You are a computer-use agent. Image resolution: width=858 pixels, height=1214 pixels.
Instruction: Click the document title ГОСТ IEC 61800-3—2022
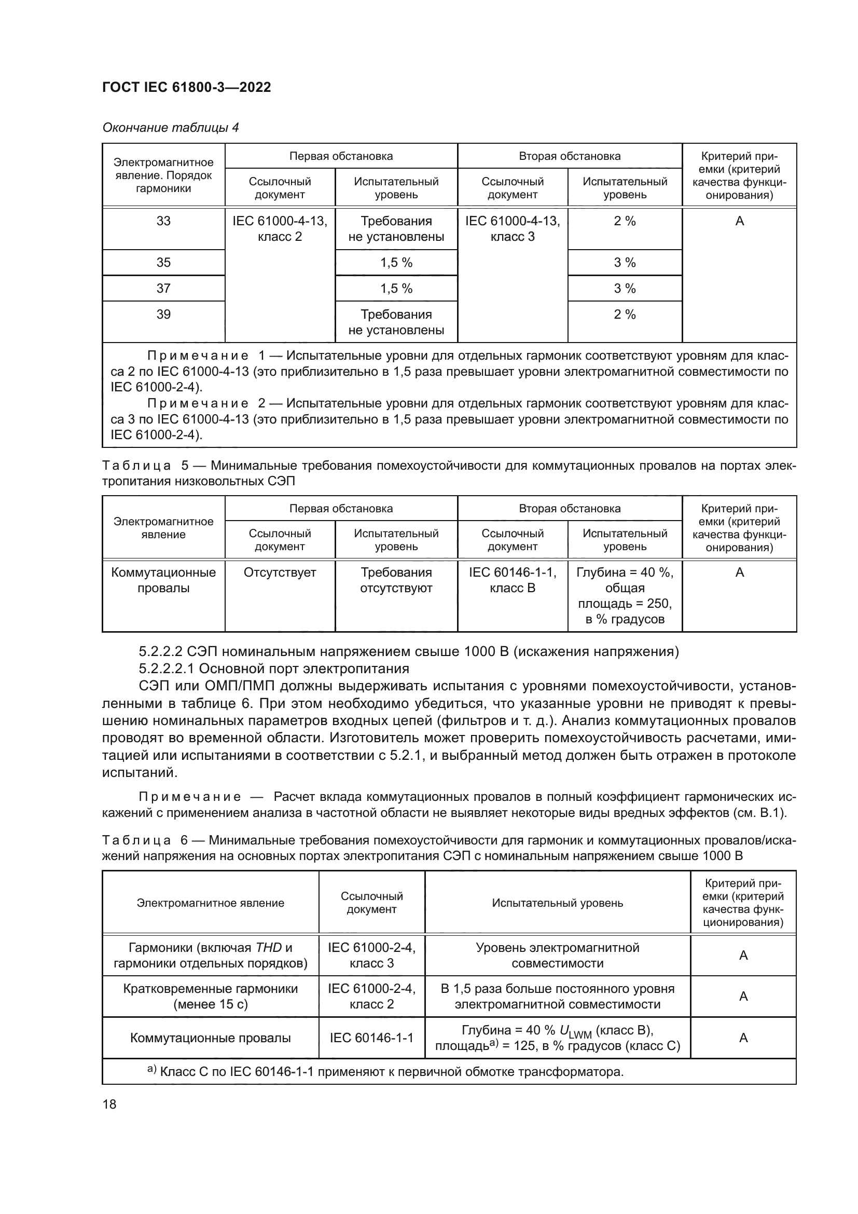[x=187, y=88]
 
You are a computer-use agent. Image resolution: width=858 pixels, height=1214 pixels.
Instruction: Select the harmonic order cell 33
[x=163, y=221]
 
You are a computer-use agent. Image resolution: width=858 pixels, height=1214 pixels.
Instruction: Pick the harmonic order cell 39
[x=163, y=315]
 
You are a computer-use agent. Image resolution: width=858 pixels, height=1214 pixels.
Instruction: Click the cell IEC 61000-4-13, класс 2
[x=280, y=228]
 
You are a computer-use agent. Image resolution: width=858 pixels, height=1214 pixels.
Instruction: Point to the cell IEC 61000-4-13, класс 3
[x=512, y=228]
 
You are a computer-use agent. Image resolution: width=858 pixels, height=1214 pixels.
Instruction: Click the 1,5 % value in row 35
[x=396, y=263]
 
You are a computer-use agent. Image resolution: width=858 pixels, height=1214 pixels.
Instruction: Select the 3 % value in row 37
[x=625, y=289]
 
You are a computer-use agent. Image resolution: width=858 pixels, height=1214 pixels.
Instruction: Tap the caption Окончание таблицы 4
[x=170, y=128]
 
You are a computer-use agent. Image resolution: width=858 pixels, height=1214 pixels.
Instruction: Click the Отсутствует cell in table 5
[x=280, y=572]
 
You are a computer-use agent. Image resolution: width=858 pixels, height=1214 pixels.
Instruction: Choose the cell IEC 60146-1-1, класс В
[x=512, y=580]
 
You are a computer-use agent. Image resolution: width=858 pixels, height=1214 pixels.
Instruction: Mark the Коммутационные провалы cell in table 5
[x=163, y=580]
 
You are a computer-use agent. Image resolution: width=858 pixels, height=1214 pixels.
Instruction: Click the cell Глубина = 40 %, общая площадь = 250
[x=625, y=595]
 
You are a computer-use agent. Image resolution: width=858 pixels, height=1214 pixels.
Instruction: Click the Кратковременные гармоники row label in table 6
[x=210, y=996]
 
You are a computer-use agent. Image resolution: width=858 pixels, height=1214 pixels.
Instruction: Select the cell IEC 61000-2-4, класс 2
[x=371, y=996]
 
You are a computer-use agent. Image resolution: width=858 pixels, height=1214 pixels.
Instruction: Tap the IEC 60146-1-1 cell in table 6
[x=371, y=1038]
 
